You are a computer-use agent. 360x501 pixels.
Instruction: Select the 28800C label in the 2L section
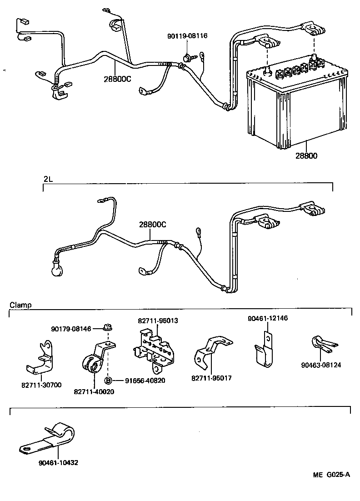click(152, 225)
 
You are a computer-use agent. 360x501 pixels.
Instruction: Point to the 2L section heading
click(48, 179)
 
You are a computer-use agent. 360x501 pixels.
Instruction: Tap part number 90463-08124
click(321, 365)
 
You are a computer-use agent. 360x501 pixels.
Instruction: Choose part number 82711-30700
click(42, 385)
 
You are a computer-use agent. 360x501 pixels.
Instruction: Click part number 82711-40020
click(94, 392)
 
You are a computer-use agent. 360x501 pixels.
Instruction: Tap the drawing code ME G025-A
click(331, 475)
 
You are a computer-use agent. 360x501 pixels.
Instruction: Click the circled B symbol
click(109, 381)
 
